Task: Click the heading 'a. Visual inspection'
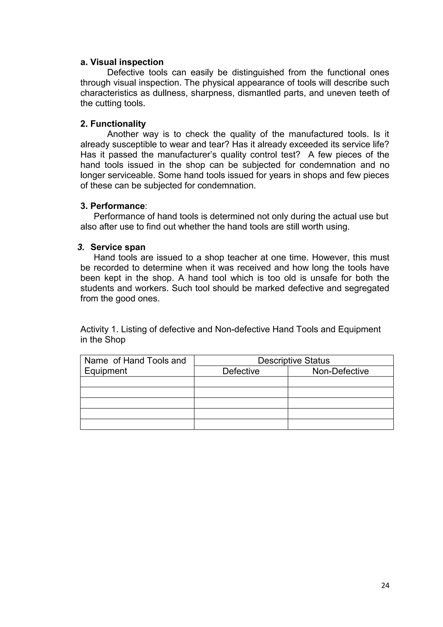click(122, 62)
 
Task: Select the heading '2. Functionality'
click(113, 124)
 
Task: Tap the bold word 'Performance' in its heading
click(117, 206)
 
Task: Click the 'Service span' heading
click(118, 247)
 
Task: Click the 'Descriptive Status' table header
click(294, 360)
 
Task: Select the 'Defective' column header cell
click(241, 371)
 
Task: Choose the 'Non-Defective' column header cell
click(340, 371)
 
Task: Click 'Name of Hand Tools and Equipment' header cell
click(135, 366)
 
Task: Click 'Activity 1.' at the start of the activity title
click(99, 330)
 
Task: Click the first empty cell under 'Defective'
click(241, 382)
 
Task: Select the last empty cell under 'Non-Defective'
click(340, 424)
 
